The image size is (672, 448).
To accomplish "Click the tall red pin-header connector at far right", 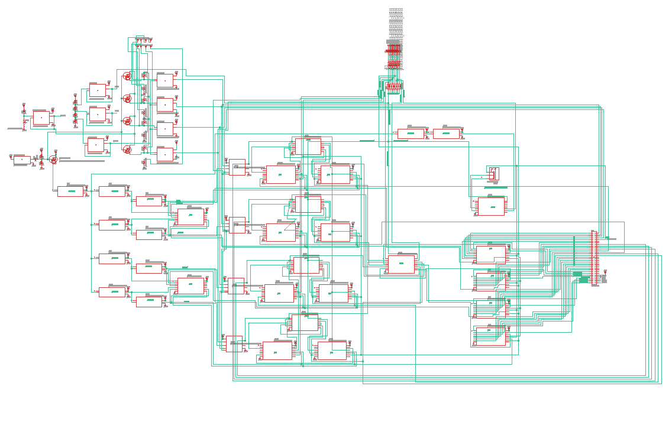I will pos(594,258).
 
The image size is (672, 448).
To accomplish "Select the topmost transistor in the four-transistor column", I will pos(127,76).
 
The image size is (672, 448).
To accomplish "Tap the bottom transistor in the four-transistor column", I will pos(127,150).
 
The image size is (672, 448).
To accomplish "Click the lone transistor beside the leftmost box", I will pos(54,160).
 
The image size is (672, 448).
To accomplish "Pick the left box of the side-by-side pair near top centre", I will pos(411,134).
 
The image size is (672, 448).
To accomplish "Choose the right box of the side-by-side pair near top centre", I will pos(446,134).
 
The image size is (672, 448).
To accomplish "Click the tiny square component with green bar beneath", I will pos(494,174).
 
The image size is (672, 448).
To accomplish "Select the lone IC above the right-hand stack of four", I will pos(491,206).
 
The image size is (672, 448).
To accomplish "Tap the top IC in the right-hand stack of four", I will pos(491,254).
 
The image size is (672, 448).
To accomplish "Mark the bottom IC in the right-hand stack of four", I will pos(491,337).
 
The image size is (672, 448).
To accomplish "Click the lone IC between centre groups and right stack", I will pos(401,264).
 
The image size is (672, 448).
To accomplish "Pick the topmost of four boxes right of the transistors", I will pos(165,80).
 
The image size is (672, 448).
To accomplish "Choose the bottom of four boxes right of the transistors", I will pos(165,154).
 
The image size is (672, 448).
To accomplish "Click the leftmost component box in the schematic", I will pos(22,160).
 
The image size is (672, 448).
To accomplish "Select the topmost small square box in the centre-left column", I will pos(237,167).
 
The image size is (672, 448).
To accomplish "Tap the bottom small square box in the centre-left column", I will pos(234,343).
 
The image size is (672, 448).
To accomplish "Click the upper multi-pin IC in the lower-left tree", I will pos(190,216).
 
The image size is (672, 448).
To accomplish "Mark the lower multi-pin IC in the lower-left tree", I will pos(190,286).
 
